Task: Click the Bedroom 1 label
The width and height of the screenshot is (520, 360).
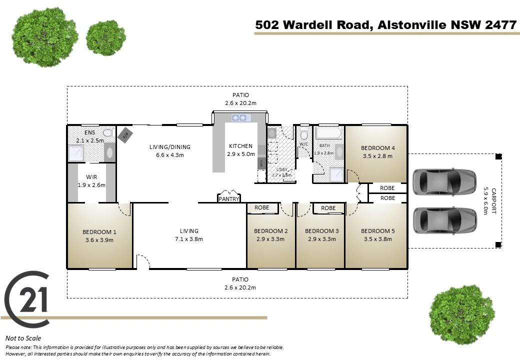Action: (99, 232)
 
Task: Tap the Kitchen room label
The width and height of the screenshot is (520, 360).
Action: (240, 146)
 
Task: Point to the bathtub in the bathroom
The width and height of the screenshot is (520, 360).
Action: (329, 133)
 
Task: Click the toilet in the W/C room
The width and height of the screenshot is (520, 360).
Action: (303, 135)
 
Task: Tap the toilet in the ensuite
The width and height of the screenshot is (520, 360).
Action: (107, 133)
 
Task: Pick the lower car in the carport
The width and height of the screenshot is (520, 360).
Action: (444, 217)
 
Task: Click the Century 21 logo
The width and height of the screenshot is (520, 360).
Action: (28, 299)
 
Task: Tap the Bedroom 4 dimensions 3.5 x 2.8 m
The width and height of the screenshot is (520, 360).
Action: (377, 156)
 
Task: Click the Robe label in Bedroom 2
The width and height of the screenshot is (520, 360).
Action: (261, 207)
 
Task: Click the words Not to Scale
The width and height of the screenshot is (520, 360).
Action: (23, 338)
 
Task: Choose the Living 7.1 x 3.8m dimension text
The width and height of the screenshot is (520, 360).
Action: (189, 239)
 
